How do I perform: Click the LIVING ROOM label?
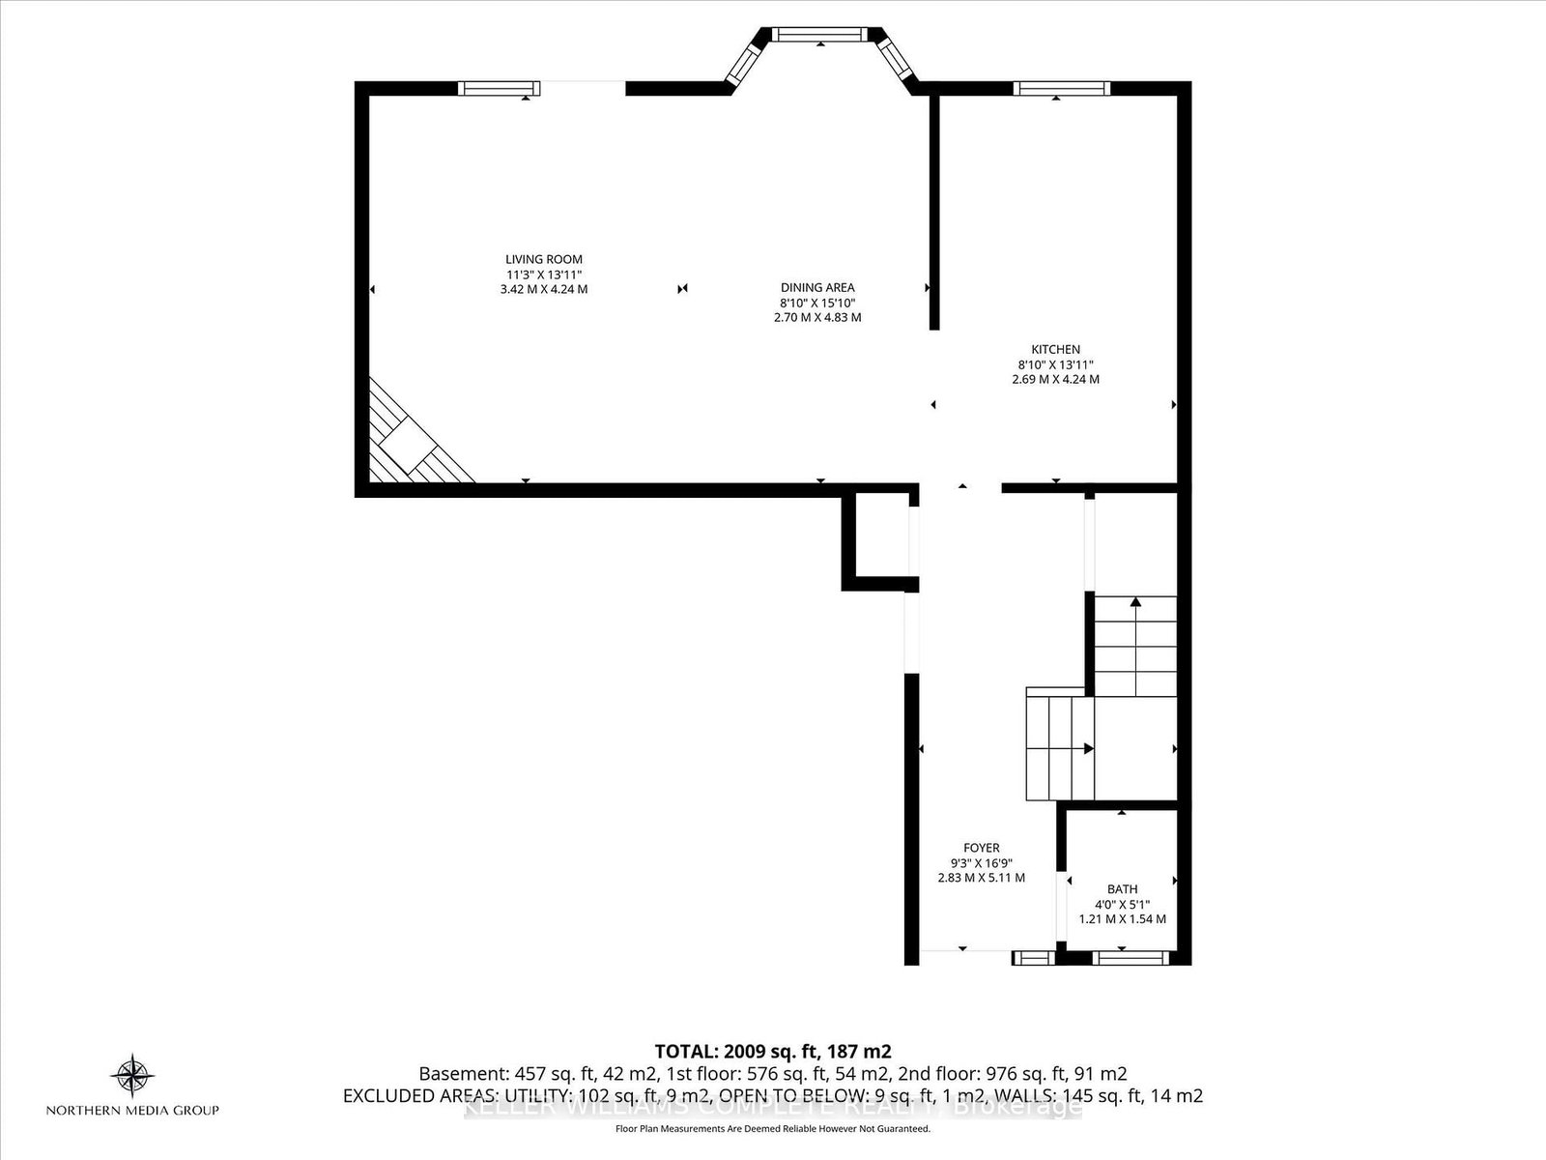[544, 259]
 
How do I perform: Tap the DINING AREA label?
[817, 287]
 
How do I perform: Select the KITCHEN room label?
[1055, 349]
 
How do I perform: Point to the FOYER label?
[981, 848]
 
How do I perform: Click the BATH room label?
[1122, 888]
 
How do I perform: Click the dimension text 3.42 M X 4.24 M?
[544, 289]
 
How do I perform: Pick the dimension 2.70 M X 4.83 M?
[817, 317]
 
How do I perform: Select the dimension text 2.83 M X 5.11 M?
[981, 878]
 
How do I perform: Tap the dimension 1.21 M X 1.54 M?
[1122, 918]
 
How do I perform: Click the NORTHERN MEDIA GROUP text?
[133, 1110]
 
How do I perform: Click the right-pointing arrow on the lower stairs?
[1088, 748]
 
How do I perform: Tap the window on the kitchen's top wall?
[1061, 88]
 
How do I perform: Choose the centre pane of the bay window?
[820, 35]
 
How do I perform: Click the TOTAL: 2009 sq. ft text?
[772, 1051]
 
